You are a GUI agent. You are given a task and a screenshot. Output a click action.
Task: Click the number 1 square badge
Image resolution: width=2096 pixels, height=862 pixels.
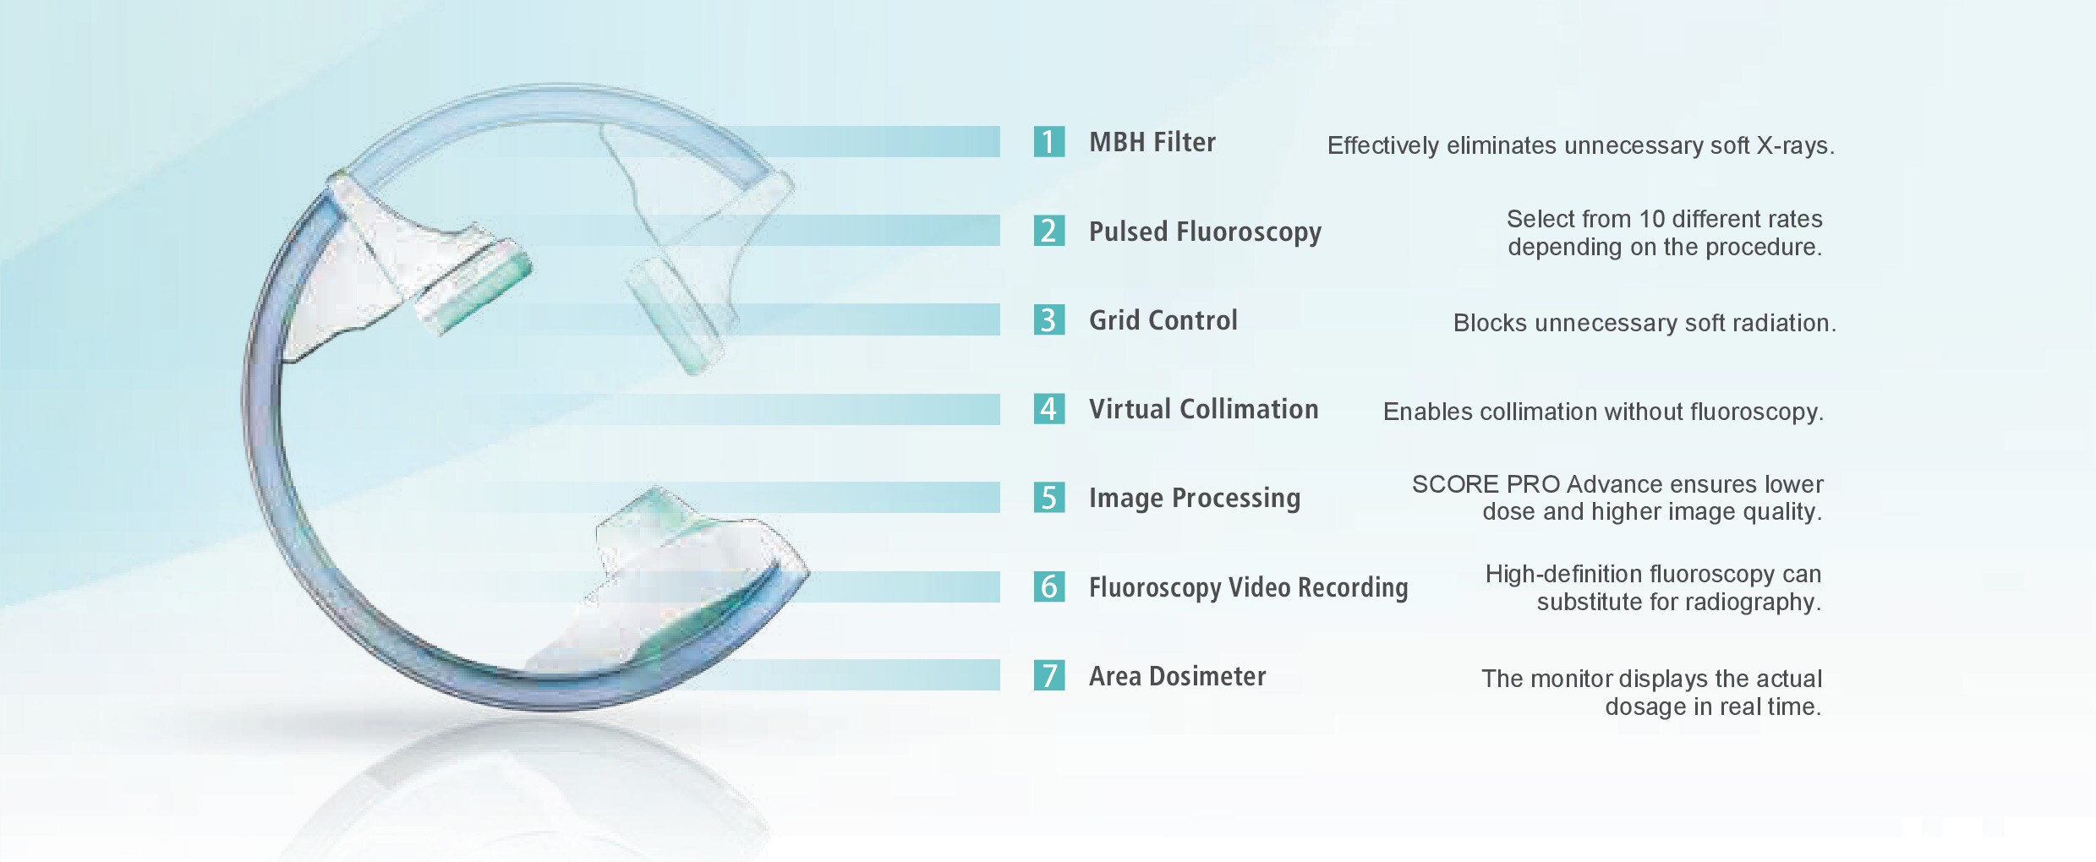[x=1048, y=142]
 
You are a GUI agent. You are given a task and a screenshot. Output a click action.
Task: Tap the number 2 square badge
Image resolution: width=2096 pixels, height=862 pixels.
[x=1048, y=231]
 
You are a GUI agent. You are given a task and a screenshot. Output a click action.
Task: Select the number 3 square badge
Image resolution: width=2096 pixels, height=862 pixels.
[x=1048, y=319]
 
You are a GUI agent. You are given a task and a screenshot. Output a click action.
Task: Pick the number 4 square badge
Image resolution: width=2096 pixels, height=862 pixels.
[x=1048, y=409]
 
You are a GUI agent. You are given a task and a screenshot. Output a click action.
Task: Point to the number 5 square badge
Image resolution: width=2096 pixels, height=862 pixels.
[x=1048, y=498]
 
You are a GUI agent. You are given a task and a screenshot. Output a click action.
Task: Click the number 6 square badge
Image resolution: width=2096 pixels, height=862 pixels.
[x=1048, y=586]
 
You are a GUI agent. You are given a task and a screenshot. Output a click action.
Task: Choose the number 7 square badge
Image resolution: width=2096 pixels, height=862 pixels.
[x=1048, y=675]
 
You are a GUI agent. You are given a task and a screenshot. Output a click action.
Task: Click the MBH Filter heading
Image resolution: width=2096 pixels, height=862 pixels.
[x=1152, y=142]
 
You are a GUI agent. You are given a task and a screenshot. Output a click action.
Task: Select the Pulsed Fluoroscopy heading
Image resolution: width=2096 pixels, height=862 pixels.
[x=1205, y=232]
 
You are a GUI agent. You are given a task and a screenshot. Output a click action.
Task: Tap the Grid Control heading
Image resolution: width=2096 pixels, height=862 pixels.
[x=1163, y=320]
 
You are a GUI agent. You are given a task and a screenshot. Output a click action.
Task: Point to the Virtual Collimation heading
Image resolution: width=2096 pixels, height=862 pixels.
[x=1203, y=409]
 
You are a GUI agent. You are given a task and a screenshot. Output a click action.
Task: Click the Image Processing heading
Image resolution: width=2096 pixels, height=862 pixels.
[x=1195, y=499]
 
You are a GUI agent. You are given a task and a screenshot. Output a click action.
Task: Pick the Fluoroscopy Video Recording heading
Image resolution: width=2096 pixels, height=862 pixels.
[x=1248, y=588]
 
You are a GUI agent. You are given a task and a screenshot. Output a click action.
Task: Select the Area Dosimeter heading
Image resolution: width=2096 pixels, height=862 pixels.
[x=1177, y=676]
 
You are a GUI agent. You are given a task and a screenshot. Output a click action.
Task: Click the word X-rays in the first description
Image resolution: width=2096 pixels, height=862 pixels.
[x=1796, y=146]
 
